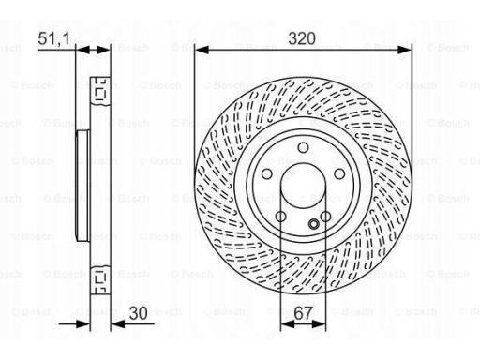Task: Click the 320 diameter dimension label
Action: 302,38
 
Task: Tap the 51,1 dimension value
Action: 53,38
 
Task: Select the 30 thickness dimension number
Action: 138,313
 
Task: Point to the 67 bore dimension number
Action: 303,313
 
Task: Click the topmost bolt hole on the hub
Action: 303,147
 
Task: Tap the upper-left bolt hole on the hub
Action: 266,174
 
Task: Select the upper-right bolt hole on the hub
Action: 339,174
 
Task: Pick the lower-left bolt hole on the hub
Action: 280,217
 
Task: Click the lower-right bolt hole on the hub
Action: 325,217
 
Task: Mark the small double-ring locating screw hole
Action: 314,224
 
